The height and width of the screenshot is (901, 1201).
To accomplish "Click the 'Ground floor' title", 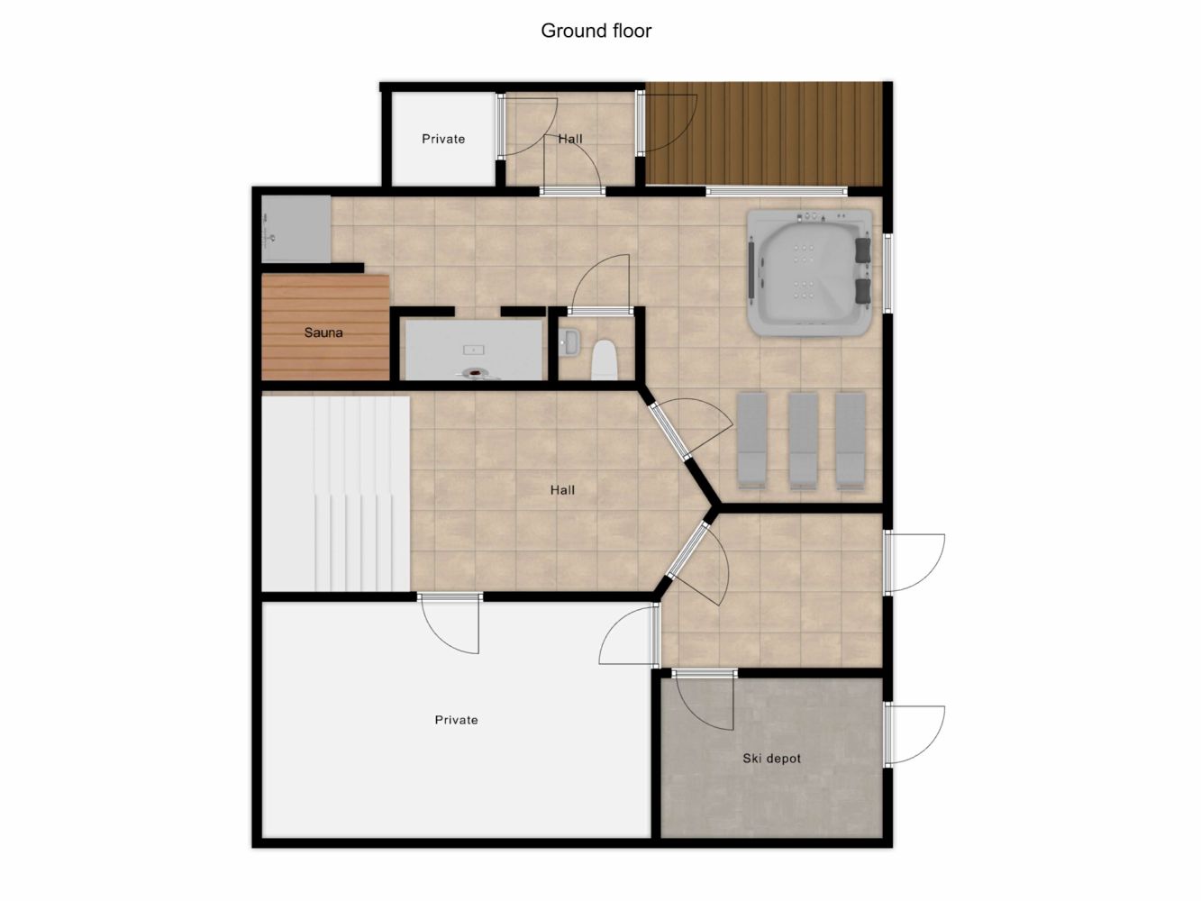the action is click(x=596, y=31).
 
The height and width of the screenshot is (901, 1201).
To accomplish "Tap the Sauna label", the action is click(x=323, y=332).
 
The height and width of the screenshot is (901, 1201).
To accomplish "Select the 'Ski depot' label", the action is click(x=771, y=759).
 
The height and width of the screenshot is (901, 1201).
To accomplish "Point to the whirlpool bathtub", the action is click(x=809, y=272).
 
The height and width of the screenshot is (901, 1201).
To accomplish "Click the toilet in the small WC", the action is click(x=605, y=359).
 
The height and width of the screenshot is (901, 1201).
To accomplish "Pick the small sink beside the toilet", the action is click(x=569, y=341).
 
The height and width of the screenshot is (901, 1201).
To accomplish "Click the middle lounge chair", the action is click(x=804, y=441).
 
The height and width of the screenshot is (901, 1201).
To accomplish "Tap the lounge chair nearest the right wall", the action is click(x=851, y=441).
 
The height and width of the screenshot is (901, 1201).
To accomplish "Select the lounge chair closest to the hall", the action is click(x=752, y=441).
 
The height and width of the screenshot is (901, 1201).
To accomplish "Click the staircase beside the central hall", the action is click(x=335, y=494).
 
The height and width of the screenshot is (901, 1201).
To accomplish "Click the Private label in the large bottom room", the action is click(x=456, y=720).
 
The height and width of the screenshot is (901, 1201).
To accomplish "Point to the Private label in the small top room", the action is click(x=443, y=139).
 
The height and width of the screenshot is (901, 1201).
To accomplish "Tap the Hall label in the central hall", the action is click(x=562, y=489).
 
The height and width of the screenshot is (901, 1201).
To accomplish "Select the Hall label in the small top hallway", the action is click(x=570, y=139).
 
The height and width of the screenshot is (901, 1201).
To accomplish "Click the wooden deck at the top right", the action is click(x=764, y=134).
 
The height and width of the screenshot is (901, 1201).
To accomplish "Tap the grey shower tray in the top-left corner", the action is click(x=296, y=229).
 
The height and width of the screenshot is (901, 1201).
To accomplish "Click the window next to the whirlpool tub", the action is click(x=888, y=274).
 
